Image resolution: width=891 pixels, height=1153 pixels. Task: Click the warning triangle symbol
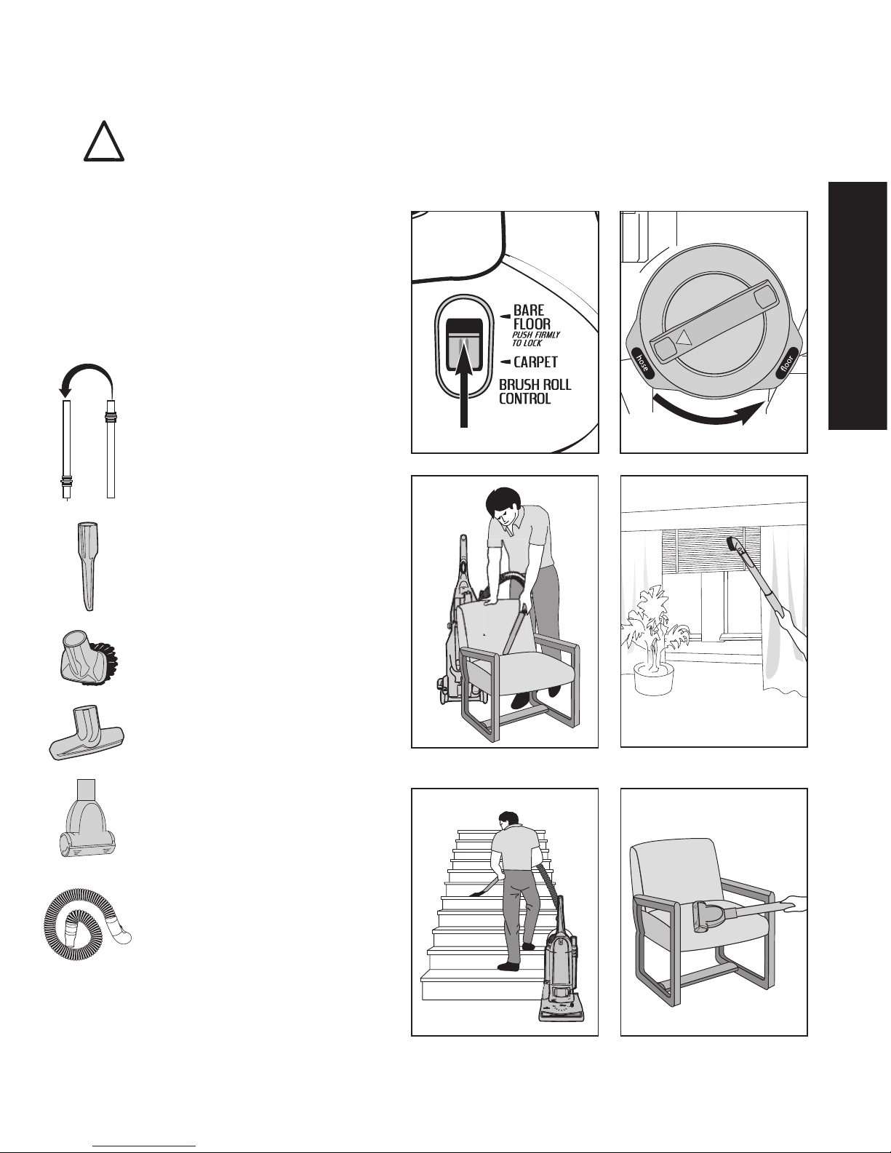104,141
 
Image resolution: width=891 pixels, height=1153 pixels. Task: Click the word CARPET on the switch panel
535,362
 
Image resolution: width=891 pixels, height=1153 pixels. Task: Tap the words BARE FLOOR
532,317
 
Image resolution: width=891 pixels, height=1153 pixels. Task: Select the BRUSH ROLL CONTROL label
535,391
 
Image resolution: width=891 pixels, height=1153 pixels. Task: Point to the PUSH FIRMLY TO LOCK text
535,339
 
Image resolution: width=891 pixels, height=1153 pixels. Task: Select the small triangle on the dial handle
684,338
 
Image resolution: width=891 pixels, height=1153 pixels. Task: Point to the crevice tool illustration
88,566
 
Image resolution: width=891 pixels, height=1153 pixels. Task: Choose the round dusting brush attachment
88,658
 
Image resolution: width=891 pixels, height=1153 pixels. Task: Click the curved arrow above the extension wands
87,372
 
